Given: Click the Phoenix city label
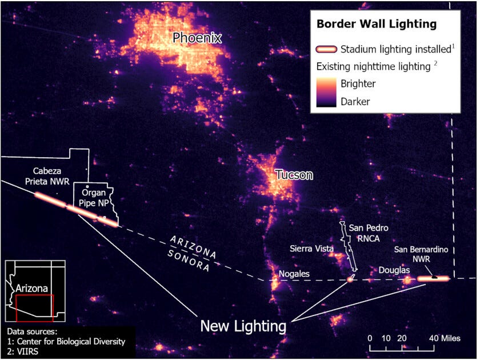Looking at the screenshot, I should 197,39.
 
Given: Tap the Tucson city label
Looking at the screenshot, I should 294,175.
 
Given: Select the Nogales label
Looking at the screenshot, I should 294,274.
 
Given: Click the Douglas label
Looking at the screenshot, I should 394,270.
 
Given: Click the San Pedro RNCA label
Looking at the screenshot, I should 366,231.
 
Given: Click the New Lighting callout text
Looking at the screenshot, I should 242,326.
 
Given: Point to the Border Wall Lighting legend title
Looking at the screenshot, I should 377,25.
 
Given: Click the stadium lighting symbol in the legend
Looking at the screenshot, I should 326,49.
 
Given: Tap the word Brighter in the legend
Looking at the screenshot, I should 358,83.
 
